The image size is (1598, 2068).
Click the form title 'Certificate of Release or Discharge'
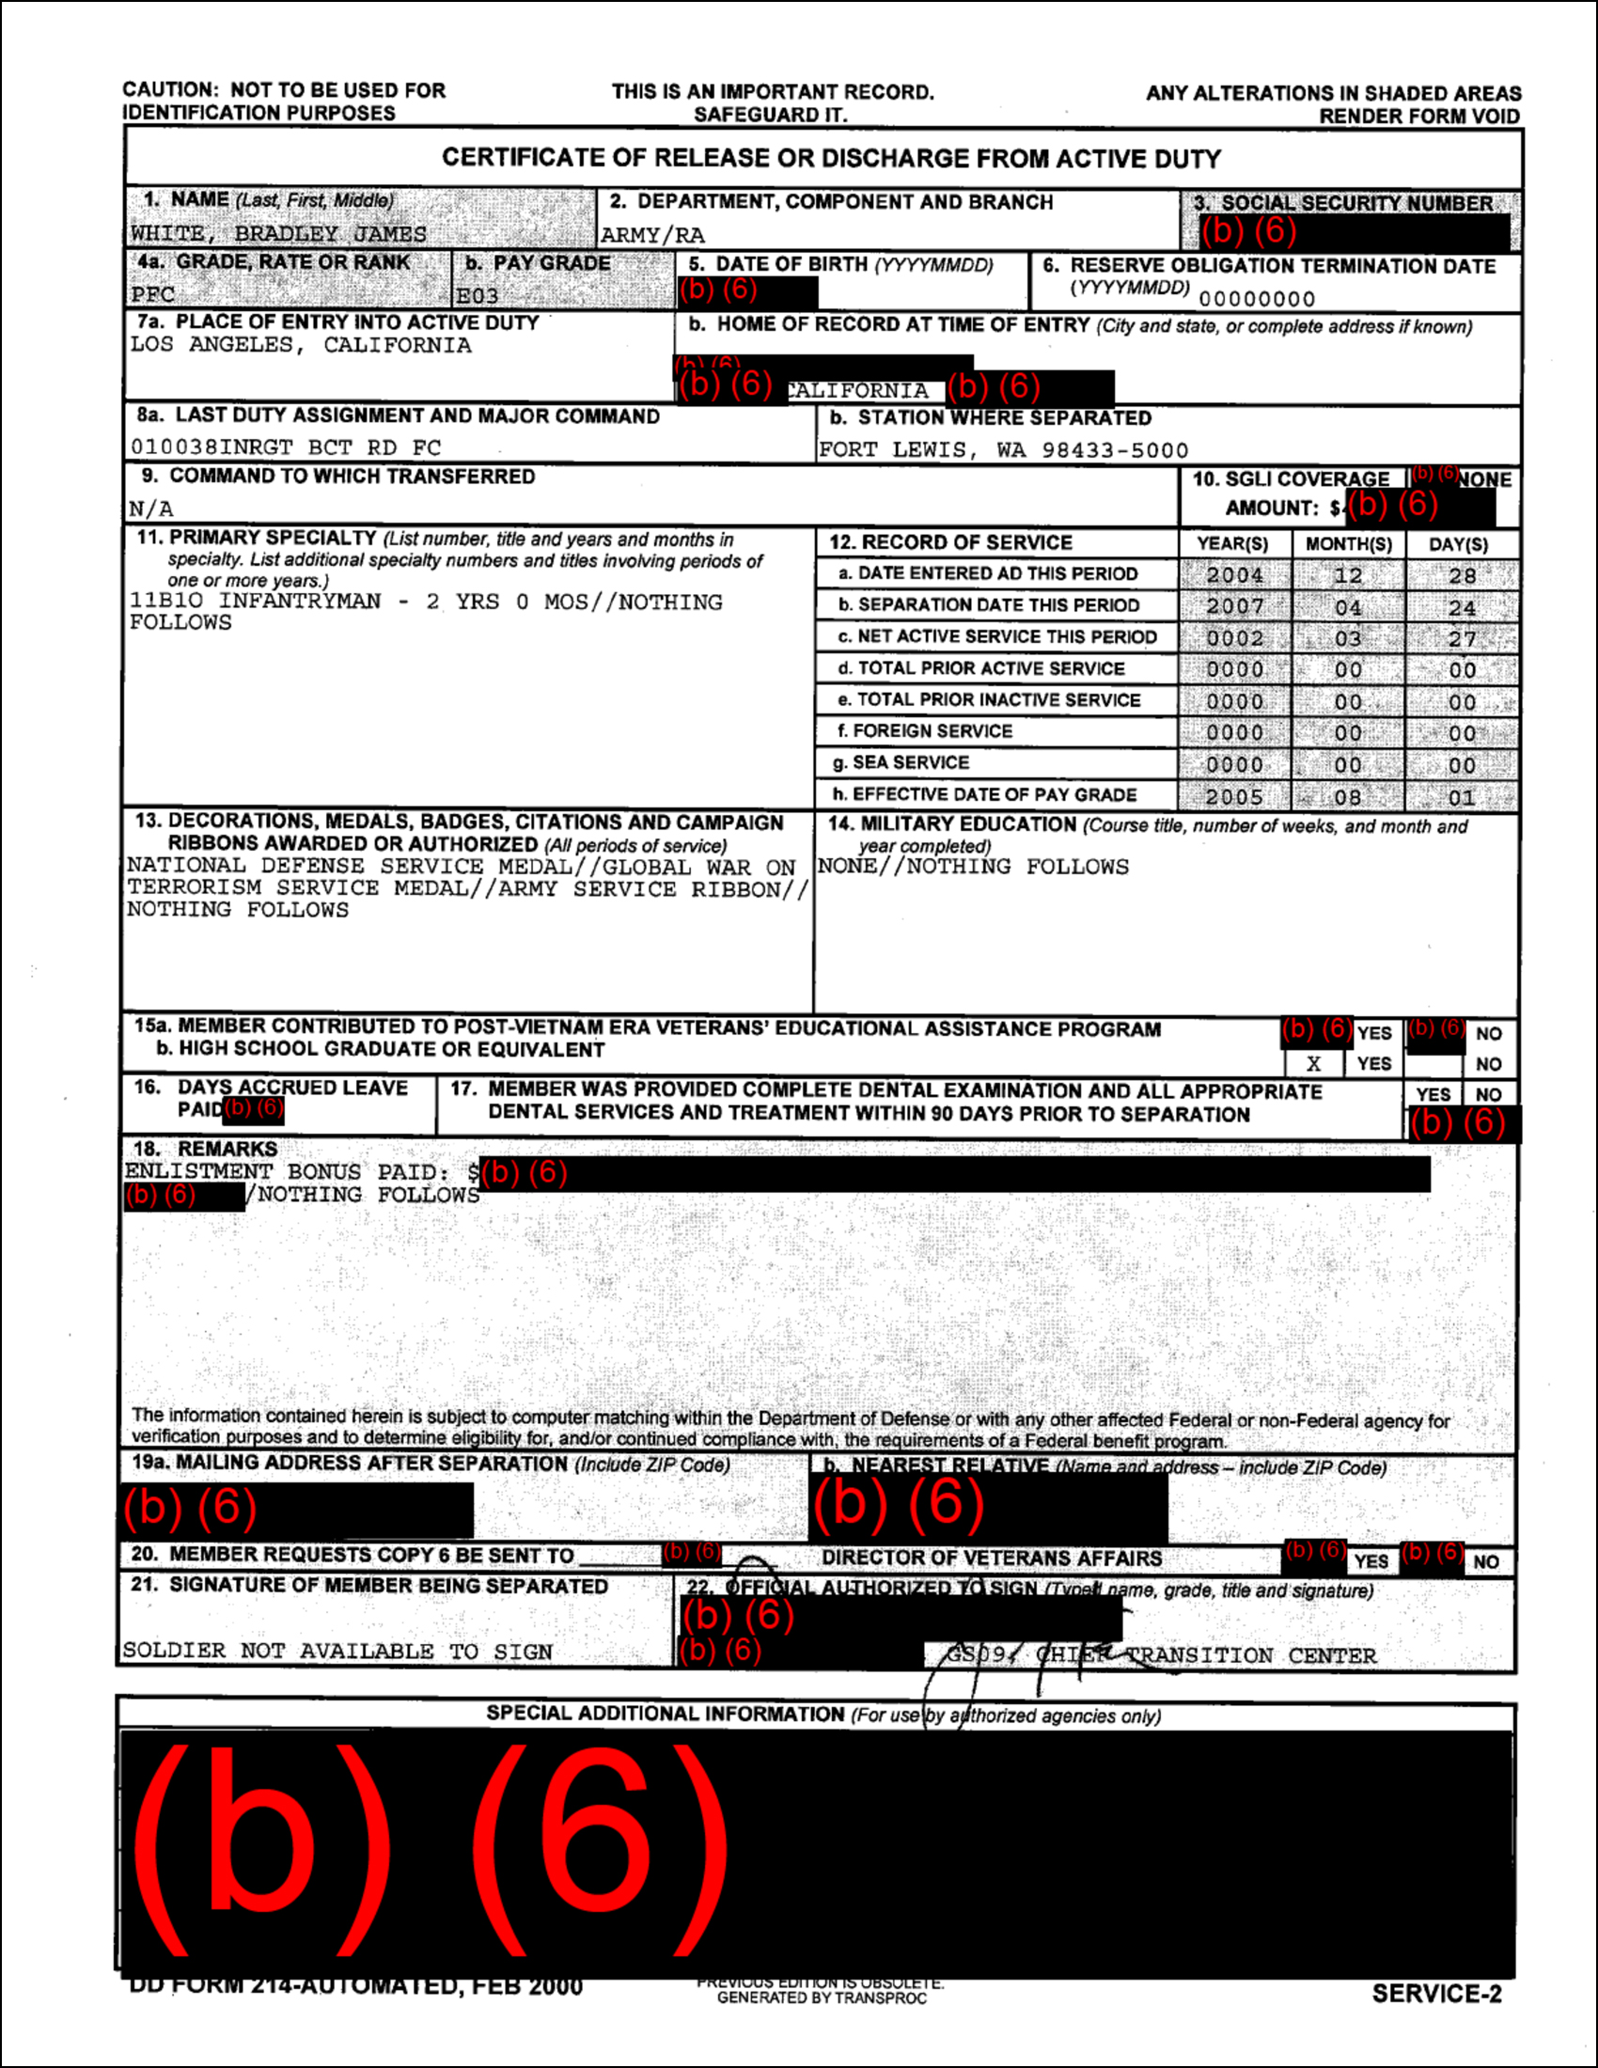[x=831, y=158]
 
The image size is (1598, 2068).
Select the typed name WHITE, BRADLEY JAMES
[x=278, y=234]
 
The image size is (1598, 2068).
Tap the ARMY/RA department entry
[x=652, y=235]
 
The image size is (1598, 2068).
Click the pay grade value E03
[x=478, y=296]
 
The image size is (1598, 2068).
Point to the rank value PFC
[x=152, y=294]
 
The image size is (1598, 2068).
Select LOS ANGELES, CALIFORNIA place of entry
[x=301, y=346]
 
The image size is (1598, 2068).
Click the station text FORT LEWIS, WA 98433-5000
[x=1003, y=449]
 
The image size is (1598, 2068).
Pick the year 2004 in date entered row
[x=1233, y=575]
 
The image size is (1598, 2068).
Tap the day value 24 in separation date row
[x=1462, y=608]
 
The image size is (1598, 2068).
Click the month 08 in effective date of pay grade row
[x=1347, y=797]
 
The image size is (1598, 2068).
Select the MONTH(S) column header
[x=1348, y=544]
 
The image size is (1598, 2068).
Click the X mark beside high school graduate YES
[x=1313, y=1063]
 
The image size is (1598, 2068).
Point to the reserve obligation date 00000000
[x=1256, y=299]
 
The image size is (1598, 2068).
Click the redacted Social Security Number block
[x=1354, y=231]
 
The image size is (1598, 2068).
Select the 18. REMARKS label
[x=206, y=1149]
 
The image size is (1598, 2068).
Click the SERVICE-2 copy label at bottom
[x=1436, y=1993]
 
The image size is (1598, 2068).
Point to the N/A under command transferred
[x=151, y=509]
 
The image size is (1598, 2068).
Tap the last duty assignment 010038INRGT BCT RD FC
[x=286, y=447]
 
